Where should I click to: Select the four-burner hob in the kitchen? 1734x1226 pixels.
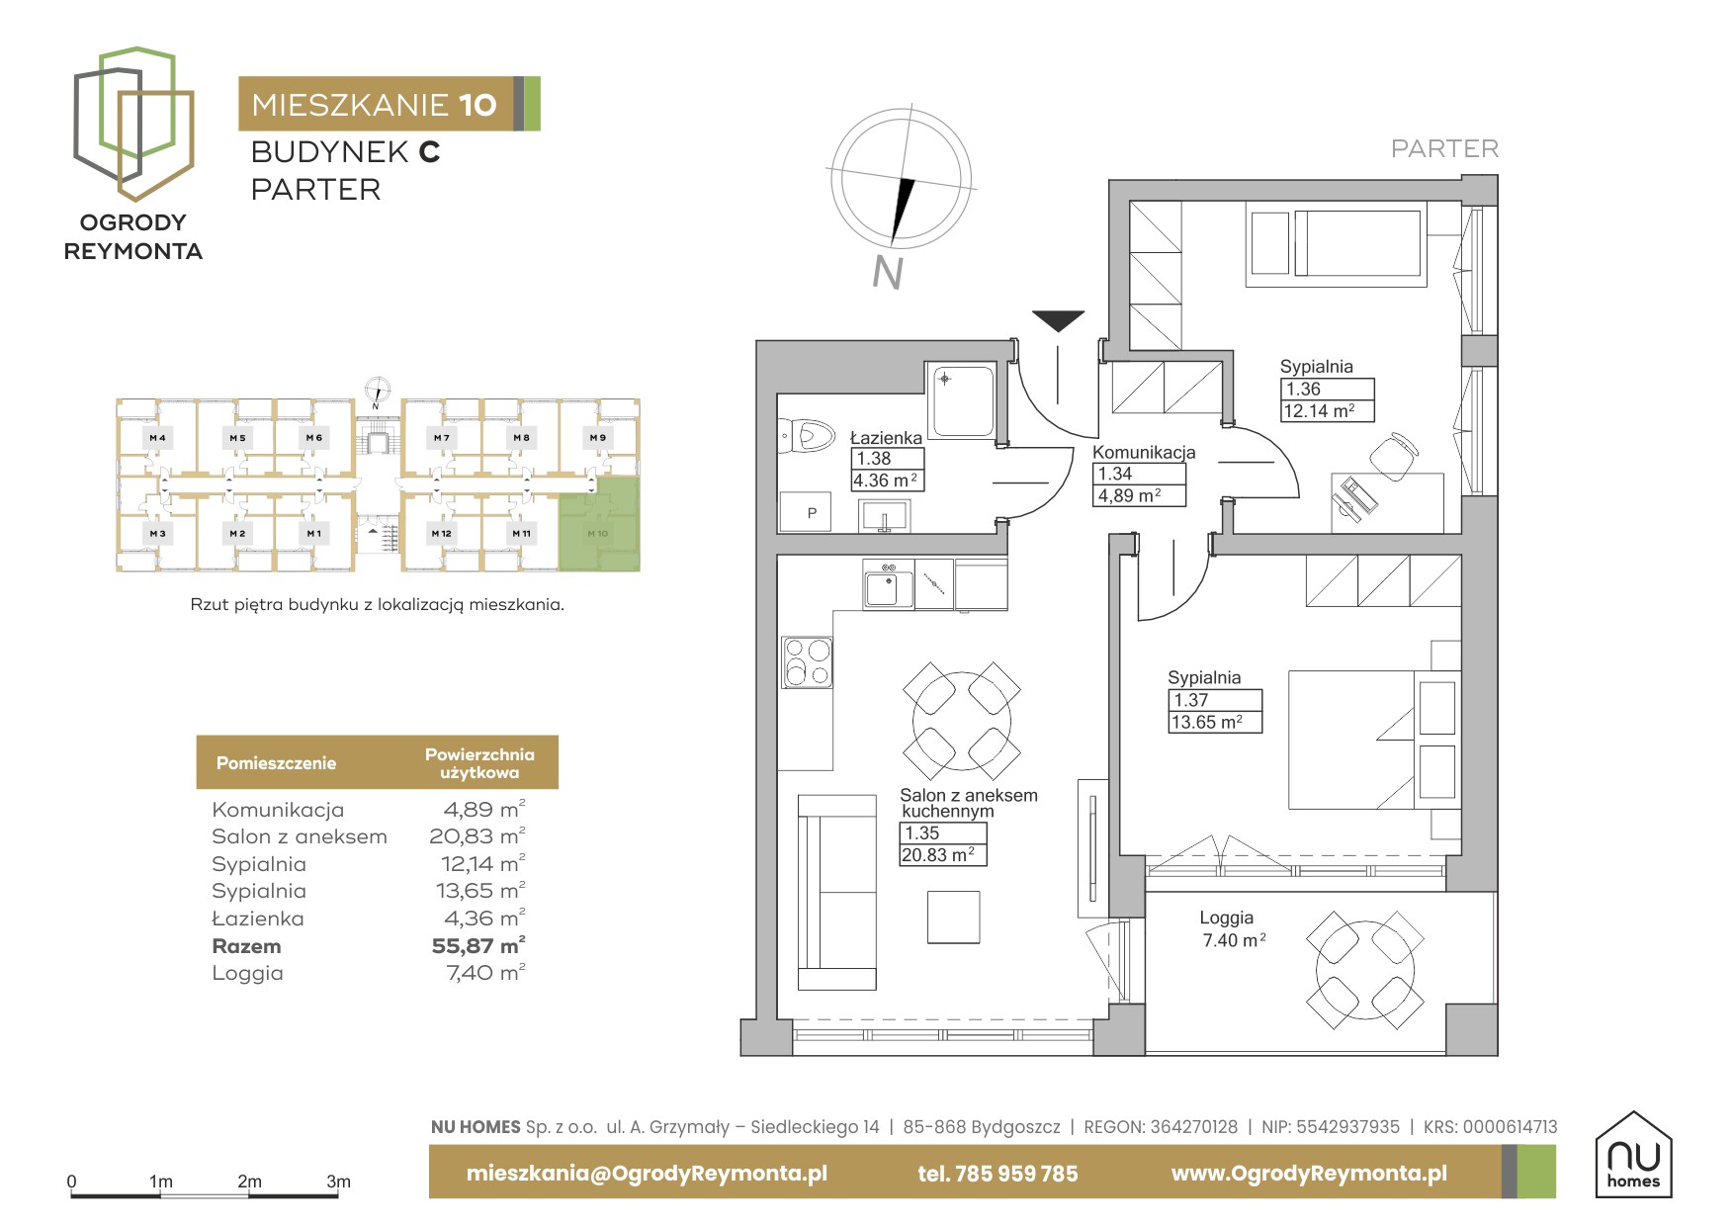click(808, 662)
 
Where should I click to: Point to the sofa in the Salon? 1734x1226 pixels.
click(836, 892)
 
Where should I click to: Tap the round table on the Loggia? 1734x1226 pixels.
click(1365, 970)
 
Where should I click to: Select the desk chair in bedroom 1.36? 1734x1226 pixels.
click(1394, 456)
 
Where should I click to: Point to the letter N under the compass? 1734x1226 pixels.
click(888, 272)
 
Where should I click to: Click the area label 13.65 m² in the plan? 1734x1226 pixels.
click(1206, 723)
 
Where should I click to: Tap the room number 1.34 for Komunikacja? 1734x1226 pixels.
click(1115, 474)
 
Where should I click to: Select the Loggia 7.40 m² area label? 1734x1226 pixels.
click(1234, 940)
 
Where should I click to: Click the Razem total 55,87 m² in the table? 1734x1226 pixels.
click(478, 946)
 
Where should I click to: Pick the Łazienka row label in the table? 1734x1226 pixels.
click(258, 919)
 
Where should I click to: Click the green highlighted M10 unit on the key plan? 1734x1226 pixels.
click(599, 524)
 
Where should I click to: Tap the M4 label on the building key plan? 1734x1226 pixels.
click(157, 437)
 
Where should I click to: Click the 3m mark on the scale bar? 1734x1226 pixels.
click(338, 1182)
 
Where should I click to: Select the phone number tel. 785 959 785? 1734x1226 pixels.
click(997, 1174)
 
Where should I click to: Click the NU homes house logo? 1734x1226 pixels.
click(1633, 1155)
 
